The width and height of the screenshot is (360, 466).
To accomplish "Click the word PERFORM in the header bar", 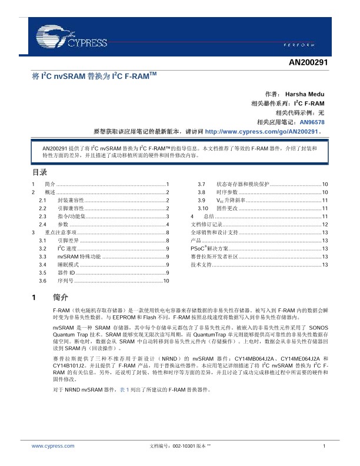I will (305, 45).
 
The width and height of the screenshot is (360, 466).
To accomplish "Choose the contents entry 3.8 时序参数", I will (226, 192).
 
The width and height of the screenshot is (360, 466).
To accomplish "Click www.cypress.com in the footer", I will (53, 447).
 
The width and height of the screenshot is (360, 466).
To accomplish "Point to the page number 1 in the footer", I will (324, 447).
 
